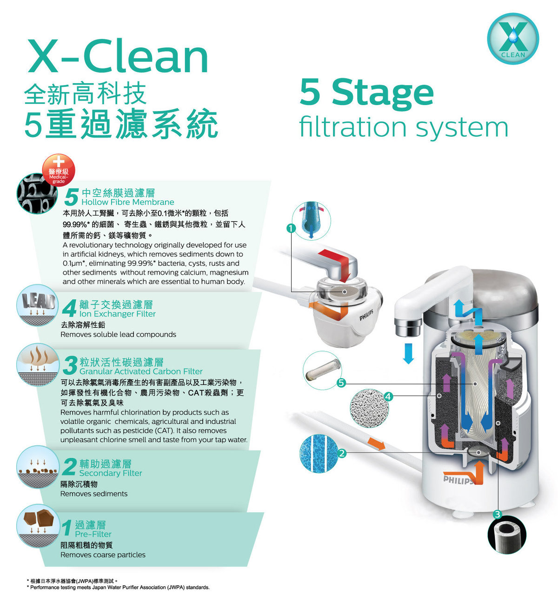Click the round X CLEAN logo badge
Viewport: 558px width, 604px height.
pos(513,39)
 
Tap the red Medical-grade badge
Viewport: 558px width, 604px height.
pos(59,170)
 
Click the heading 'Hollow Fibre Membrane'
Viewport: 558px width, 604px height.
pos(128,202)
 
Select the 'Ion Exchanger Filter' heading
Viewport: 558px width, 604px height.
pos(118,313)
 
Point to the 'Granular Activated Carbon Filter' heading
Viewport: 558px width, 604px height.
pos(141,371)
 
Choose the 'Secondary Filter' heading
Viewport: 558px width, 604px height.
pos(111,473)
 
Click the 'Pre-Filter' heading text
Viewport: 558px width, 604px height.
pos(93,534)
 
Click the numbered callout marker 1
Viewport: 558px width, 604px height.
pos(291,228)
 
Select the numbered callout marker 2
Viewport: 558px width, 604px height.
pos(342,453)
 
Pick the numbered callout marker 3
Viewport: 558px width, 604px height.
pos(497,514)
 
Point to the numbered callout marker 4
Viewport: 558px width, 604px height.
pos(388,396)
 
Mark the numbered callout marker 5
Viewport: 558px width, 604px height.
pos(341,383)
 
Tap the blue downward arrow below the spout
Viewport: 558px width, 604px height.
pos(408,353)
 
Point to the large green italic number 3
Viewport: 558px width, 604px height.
pos(70,366)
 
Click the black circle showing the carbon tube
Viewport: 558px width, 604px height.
pos(506,535)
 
